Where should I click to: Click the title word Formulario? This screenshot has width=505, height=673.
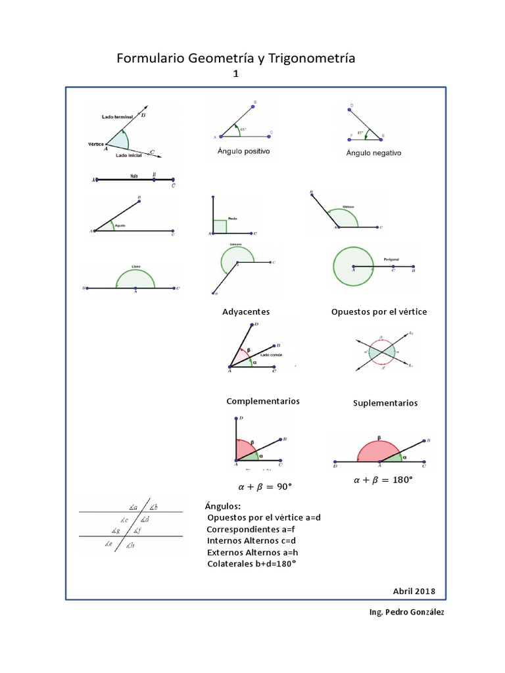pyautogui.click(x=151, y=59)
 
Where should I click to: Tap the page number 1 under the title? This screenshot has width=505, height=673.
pyautogui.click(x=235, y=75)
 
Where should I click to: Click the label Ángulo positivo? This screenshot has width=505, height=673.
pyautogui.click(x=244, y=151)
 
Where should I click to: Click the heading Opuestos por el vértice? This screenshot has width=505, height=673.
pyautogui.click(x=379, y=312)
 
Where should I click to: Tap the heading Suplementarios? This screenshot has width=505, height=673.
pyautogui.click(x=385, y=403)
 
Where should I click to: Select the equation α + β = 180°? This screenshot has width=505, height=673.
pyautogui.click(x=383, y=480)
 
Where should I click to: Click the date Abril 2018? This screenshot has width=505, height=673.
pyautogui.click(x=414, y=591)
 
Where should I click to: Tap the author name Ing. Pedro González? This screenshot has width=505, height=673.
pyautogui.click(x=407, y=613)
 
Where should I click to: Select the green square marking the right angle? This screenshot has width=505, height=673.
pyautogui.click(x=220, y=227)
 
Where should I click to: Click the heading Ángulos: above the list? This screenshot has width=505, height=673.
pyautogui.click(x=223, y=506)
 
